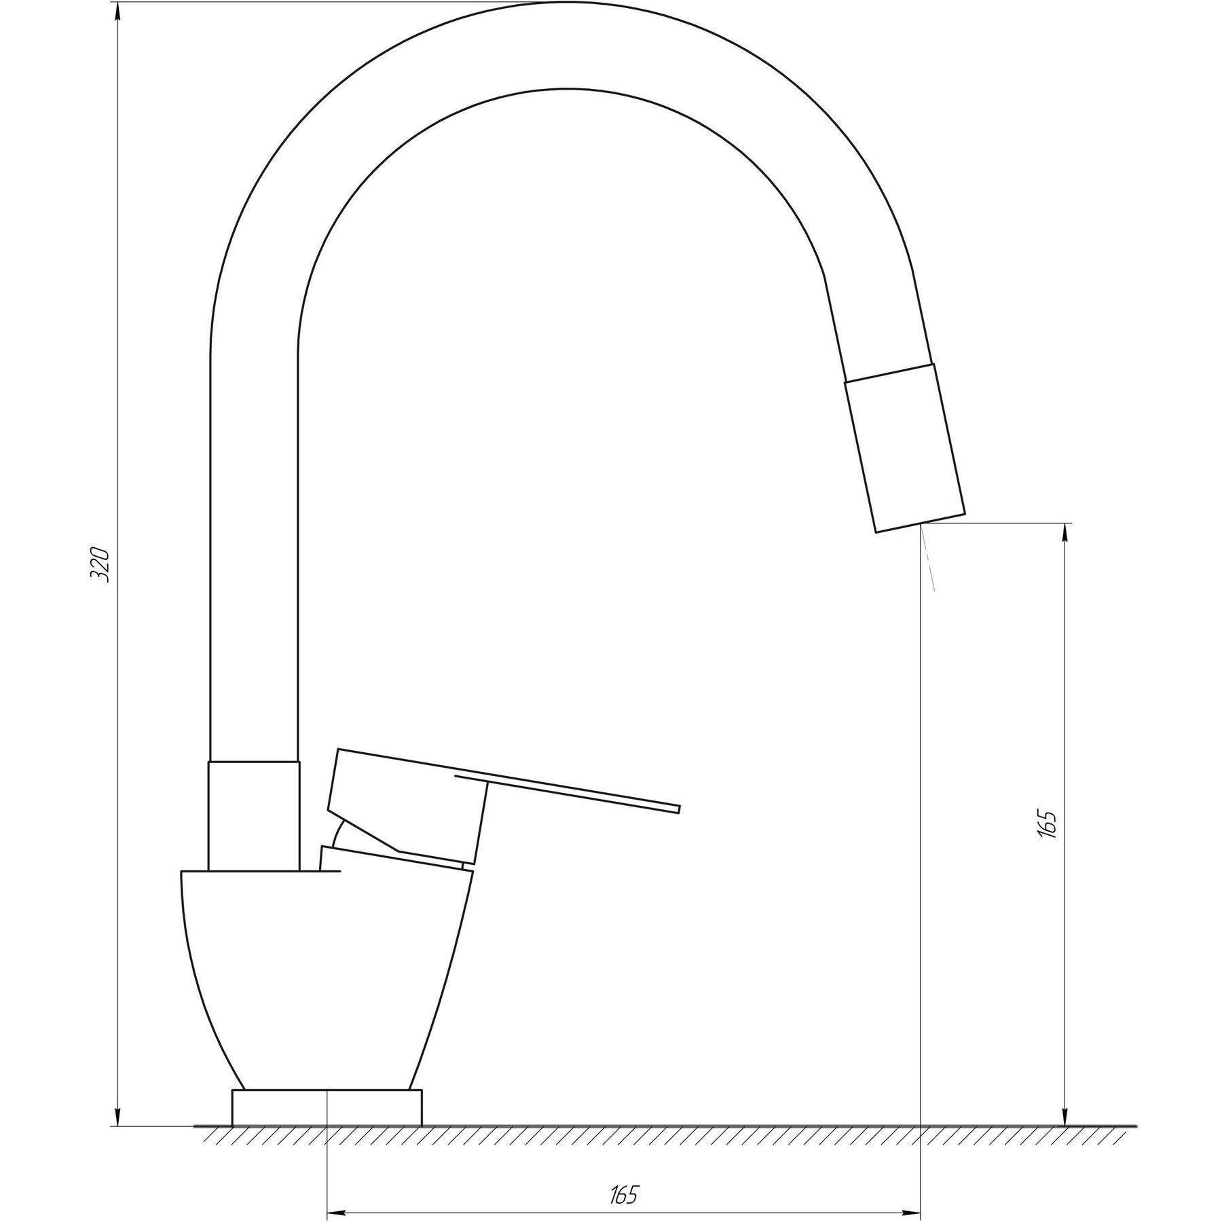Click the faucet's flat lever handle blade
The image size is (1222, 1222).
click(x=568, y=792)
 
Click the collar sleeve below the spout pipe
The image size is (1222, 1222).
click(x=254, y=815)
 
